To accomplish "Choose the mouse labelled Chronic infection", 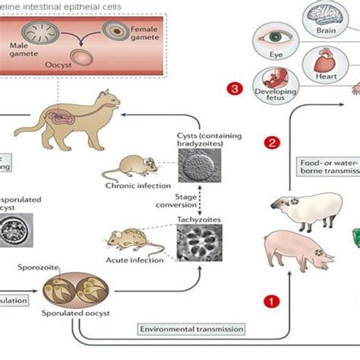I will (122, 166).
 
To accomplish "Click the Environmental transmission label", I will (191, 329).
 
